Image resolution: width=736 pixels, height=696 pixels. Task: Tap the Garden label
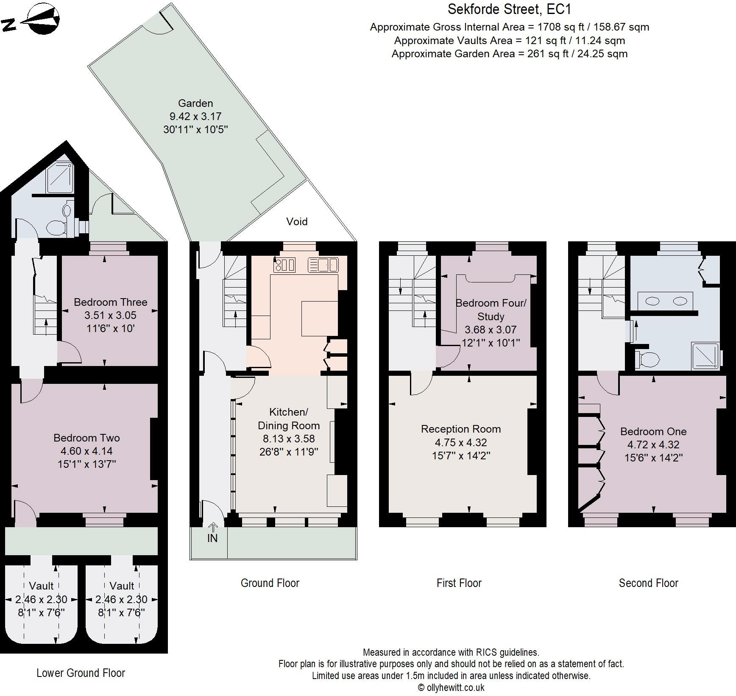click(x=195, y=103)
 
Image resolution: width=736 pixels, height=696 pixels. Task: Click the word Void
click(x=297, y=221)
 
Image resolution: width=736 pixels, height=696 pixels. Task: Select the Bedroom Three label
click(x=111, y=302)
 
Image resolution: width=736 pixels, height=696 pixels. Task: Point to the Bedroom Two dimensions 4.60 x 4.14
click(x=87, y=451)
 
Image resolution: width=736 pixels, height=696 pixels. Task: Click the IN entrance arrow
click(x=213, y=528)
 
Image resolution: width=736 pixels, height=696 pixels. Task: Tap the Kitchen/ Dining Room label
click(x=289, y=419)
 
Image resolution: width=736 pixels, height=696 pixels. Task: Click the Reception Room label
click(x=461, y=429)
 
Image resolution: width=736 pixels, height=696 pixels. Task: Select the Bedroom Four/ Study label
click(x=491, y=310)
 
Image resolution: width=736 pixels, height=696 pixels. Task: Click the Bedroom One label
click(x=653, y=431)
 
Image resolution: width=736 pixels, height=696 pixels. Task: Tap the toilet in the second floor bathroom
click(x=647, y=360)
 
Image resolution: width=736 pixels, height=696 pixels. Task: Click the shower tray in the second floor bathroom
click(x=705, y=355)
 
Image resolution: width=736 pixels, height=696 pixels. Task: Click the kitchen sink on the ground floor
click(x=323, y=265)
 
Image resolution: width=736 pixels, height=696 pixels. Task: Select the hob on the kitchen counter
click(x=285, y=265)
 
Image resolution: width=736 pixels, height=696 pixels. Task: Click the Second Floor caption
click(x=648, y=583)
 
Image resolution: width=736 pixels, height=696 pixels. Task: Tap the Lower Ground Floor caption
click(x=81, y=673)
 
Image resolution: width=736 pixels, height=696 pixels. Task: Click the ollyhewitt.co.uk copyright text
click(x=451, y=688)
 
